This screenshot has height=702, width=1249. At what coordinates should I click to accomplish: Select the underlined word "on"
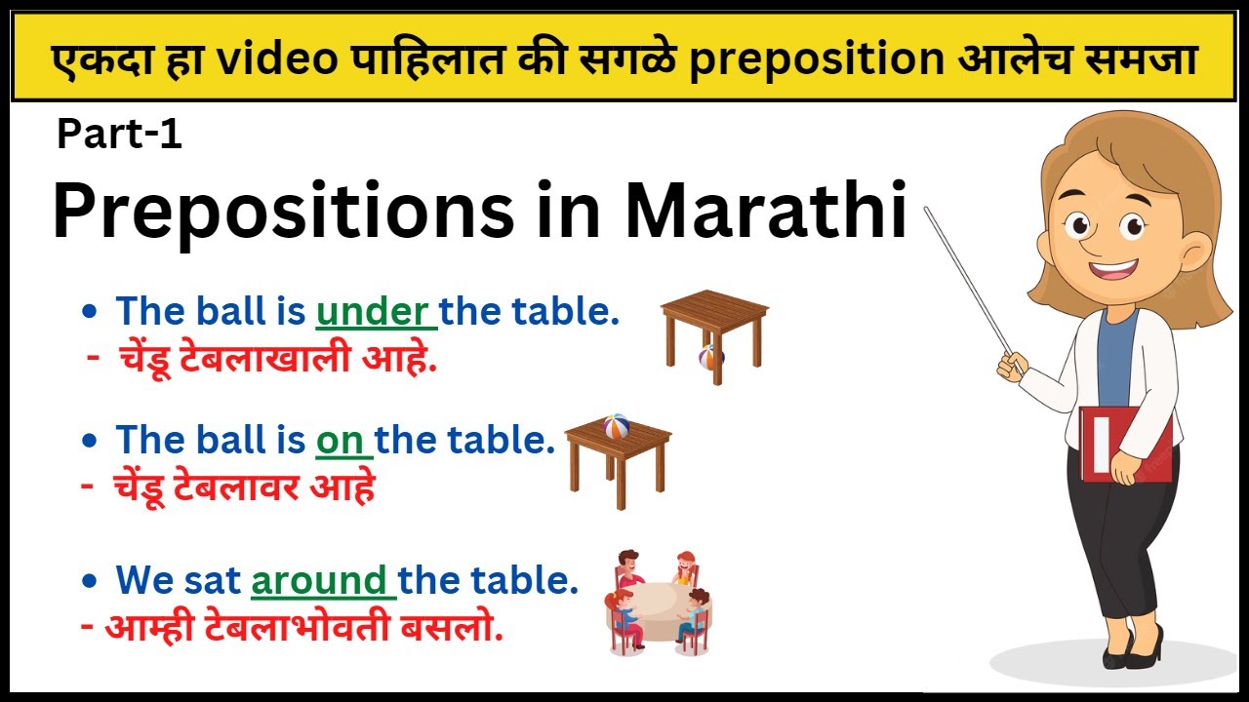tap(341, 441)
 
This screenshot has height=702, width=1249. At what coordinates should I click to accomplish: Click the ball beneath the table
tap(709, 357)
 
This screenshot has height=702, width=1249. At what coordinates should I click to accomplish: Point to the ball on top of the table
tap(616, 426)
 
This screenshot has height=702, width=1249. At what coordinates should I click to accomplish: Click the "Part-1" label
tap(119, 135)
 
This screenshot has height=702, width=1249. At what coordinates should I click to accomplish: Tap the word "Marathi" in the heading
tap(766, 212)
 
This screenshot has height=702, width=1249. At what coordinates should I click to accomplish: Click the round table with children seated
tap(659, 604)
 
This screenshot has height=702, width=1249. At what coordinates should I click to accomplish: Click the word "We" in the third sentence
tap(143, 580)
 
